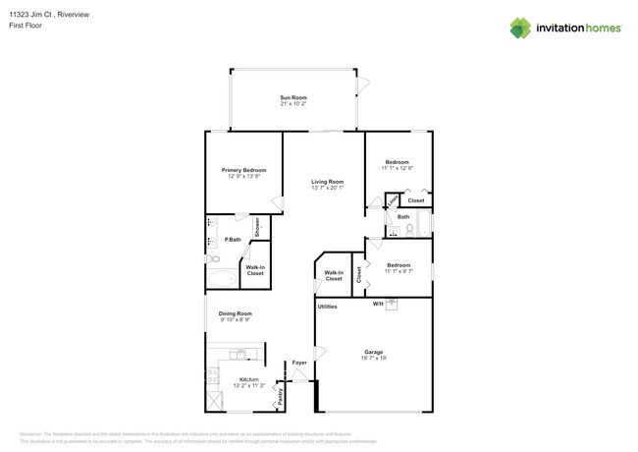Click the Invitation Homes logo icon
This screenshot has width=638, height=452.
(520, 28)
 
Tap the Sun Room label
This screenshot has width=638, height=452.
(293, 97)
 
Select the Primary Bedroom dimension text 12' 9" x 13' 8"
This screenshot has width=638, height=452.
(243, 177)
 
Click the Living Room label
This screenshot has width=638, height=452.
(327, 182)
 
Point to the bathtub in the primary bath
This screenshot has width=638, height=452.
(222, 278)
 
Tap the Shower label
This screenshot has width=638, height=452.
(257, 228)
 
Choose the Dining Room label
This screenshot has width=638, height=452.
(235, 313)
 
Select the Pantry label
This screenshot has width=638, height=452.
(280, 397)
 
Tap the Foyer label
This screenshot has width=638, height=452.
(299, 363)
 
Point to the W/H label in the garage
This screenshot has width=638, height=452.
(377, 304)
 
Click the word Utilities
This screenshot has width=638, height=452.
(327, 307)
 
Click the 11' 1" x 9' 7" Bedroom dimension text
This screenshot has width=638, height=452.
(398, 271)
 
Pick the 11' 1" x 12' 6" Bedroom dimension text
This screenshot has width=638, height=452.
(397, 168)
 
